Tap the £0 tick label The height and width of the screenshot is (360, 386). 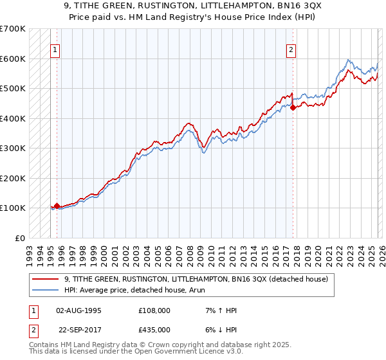pyautogui.click(x=19, y=238)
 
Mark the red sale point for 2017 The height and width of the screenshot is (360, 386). pyautogui.click(x=293, y=108)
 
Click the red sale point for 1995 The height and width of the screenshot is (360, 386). pyautogui.click(x=57, y=206)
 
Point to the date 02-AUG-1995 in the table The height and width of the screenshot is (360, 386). pyautogui.click(x=78, y=310)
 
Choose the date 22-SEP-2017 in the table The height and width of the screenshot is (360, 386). pyautogui.click(x=78, y=328)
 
